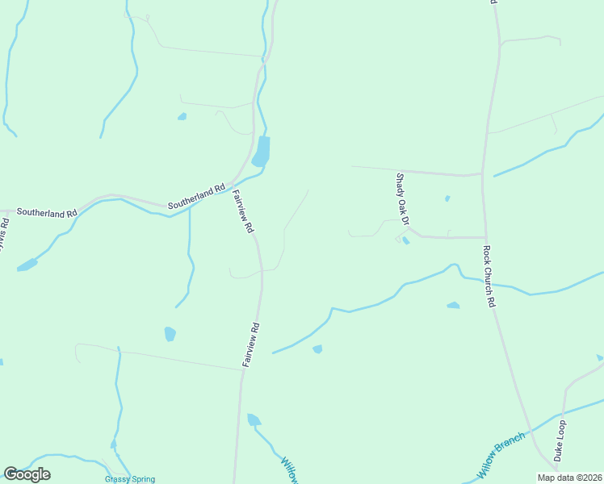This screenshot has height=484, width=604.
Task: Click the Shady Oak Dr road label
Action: pyautogui.click(x=403, y=200)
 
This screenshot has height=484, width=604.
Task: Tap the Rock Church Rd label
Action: pyautogui.click(x=489, y=277)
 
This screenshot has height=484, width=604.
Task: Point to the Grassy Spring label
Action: pyautogui.click(x=129, y=478)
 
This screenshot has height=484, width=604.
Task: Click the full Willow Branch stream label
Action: pyautogui.click(x=501, y=453)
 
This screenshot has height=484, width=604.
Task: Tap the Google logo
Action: pyautogui.click(x=27, y=474)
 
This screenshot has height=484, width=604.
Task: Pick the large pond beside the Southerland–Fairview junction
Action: pyautogui.click(x=261, y=152)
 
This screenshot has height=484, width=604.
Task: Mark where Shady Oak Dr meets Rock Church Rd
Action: pyautogui.click(x=484, y=237)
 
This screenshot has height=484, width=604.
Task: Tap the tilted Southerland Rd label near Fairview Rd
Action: pyautogui.click(x=196, y=198)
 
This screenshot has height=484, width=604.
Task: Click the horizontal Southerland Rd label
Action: pyautogui.click(x=47, y=213)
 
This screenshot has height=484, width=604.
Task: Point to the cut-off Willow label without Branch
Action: pyautogui.click(x=290, y=470)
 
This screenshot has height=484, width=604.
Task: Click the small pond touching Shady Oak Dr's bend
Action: pyautogui.click(x=405, y=240)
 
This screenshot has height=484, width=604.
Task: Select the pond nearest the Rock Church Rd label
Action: pyautogui.click(x=453, y=305)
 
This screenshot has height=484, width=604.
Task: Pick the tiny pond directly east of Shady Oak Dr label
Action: pyautogui.click(x=447, y=198)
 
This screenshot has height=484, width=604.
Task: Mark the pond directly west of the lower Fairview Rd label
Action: pyautogui.click(x=170, y=333)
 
